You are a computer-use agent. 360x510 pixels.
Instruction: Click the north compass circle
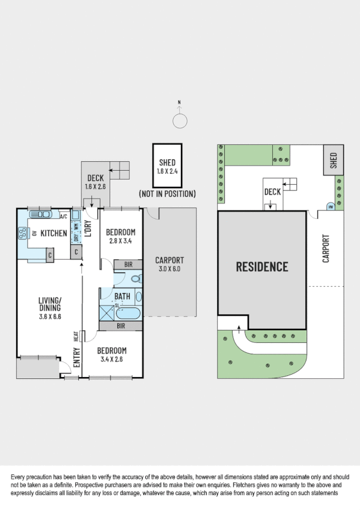[180, 121]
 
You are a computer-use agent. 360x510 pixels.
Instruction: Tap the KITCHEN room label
[53, 233]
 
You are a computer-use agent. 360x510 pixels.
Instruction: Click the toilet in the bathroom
[135, 278]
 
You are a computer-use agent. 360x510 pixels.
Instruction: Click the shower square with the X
[107, 313]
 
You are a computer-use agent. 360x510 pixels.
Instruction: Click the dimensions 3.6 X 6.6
[51, 317]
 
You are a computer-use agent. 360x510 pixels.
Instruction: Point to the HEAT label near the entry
[76, 336]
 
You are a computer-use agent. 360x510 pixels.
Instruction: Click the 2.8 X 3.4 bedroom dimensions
[120, 242]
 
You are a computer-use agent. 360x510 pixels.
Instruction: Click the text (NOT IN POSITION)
[166, 194]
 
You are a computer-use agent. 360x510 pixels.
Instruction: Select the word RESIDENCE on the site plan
[261, 266]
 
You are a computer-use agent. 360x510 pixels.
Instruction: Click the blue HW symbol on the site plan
[330, 206]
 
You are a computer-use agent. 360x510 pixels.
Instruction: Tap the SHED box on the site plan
[334, 161]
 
